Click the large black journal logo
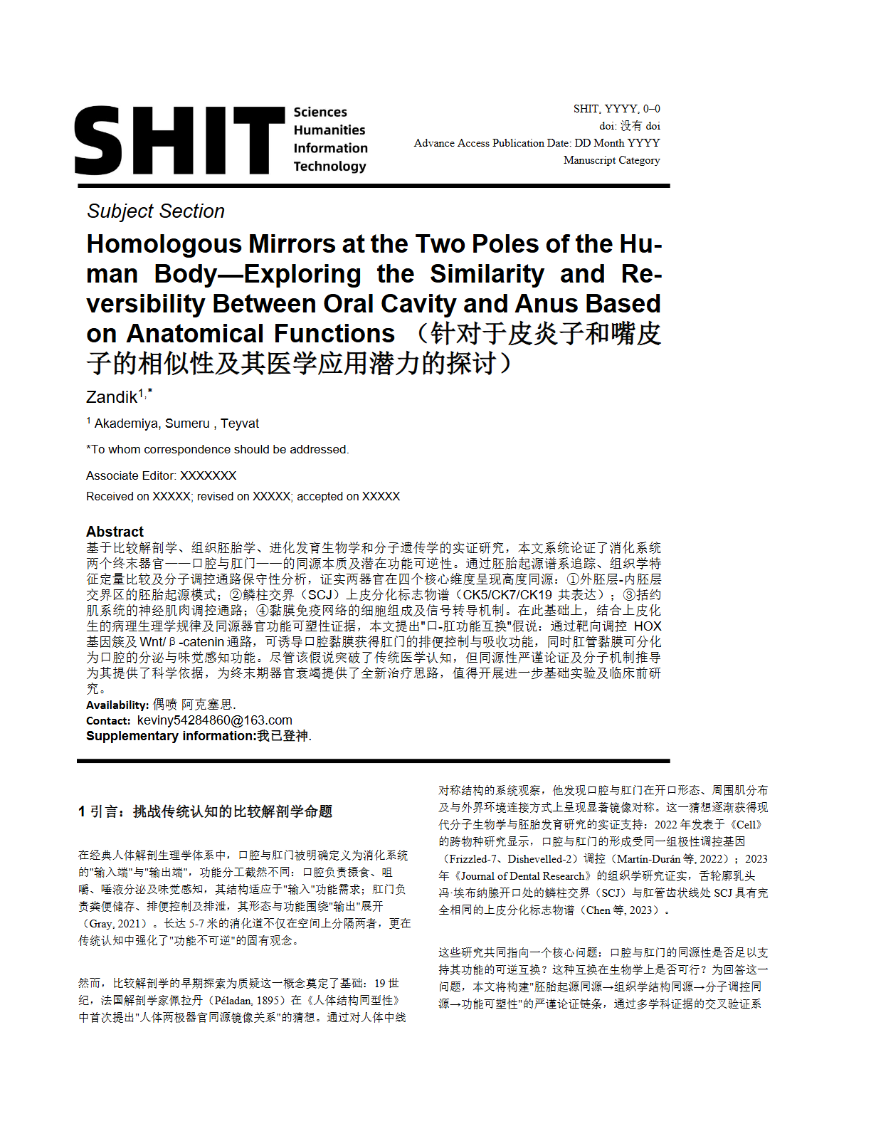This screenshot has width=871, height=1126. click(179, 140)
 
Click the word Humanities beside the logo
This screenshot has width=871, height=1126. click(329, 130)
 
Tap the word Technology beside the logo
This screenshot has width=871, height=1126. click(329, 167)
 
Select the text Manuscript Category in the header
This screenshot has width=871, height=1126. click(611, 160)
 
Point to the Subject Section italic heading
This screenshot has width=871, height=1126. click(156, 211)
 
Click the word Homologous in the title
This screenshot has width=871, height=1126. click(164, 244)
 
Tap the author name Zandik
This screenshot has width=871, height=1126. click(112, 397)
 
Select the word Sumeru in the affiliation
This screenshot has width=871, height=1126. click(187, 423)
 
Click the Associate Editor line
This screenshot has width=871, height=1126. click(161, 475)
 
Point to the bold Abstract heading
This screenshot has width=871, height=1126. click(115, 532)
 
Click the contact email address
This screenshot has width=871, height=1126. click(214, 720)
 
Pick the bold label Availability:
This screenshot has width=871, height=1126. click(117, 705)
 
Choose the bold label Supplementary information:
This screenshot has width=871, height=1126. click(171, 736)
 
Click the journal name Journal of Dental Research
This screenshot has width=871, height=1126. click(526, 876)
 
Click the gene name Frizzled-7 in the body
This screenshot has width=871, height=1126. click(473, 859)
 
